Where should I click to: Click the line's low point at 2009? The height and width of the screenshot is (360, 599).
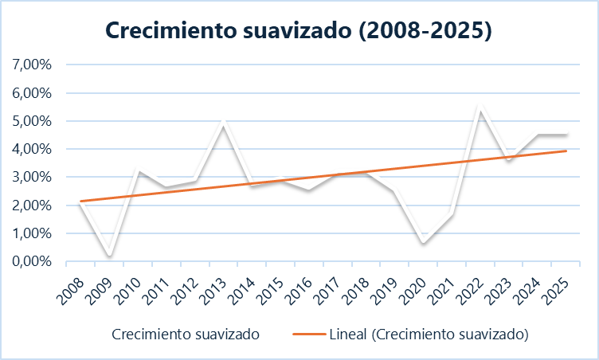point(110,255)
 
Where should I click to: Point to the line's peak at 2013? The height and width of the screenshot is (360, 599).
point(224,123)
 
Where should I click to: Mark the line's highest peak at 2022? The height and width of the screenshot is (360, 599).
point(480,107)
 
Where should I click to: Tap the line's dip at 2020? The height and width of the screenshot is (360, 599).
point(424,243)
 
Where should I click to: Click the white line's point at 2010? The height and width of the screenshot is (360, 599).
point(139,170)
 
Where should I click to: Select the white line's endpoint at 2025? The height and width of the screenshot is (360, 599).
point(566,135)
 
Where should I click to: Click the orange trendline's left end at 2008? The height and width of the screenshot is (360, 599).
point(81,201)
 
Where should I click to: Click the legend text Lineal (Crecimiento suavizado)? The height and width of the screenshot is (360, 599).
point(429,332)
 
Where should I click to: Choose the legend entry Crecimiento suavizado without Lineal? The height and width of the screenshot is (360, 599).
point(186,332)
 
